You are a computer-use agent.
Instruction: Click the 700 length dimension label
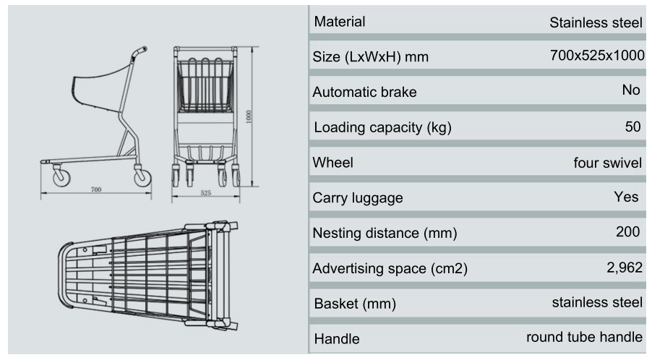(x=96, y=189)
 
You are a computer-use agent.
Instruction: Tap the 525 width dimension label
(x=205, y=193)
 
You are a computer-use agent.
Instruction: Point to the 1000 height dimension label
(x=249, y=116)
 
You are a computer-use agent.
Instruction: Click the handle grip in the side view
(x=140, y=53)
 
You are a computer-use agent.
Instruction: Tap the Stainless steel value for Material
(x=596, y=22)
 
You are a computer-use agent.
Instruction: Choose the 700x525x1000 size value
(x=597, y=56)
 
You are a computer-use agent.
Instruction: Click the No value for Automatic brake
(x=630, y=90)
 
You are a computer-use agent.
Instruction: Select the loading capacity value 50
(x=633, y=127)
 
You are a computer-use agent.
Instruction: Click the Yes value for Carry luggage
(x=626, y=197)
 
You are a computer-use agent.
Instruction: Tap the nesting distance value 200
(x=629, y=232)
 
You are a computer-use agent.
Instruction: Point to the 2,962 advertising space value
(x=622, y=267)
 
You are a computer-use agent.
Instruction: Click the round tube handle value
(x=584, y=337)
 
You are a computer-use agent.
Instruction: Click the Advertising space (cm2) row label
(x=390, y=269)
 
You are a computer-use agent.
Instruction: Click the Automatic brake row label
(x=364, y=93)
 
